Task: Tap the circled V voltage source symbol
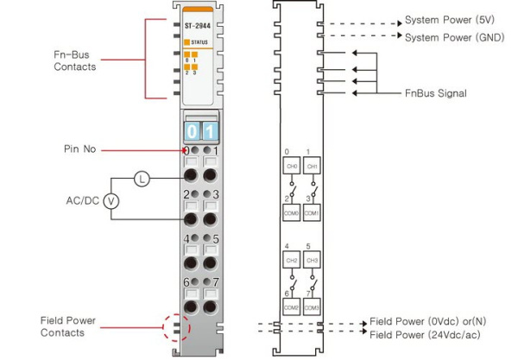111,200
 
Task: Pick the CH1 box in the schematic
313,165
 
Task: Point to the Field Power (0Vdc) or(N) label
433,320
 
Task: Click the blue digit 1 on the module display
210,131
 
